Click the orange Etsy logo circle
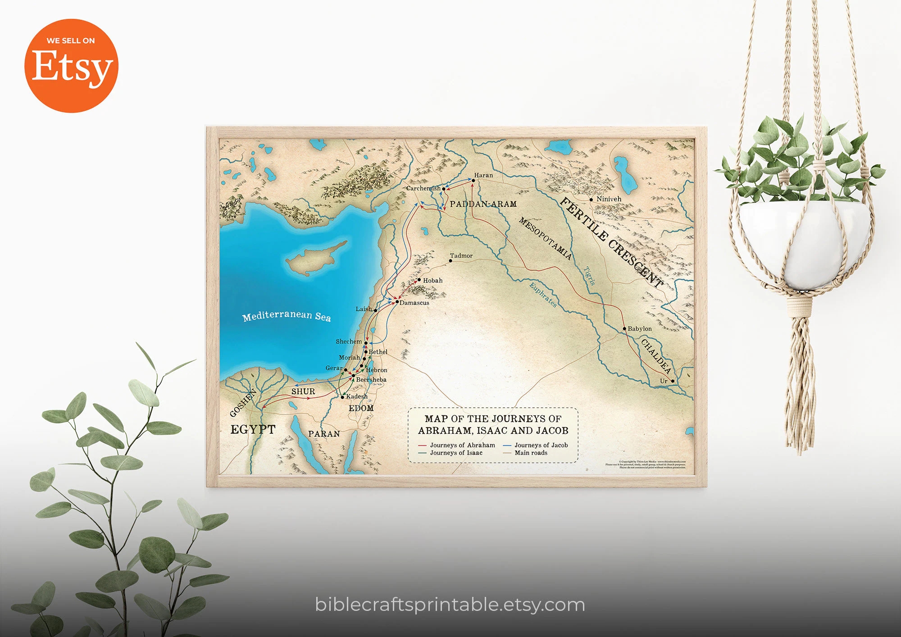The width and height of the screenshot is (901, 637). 71,66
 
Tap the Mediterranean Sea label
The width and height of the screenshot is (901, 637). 287,315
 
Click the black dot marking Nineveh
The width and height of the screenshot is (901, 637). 591,200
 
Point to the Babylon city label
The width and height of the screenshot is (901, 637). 639,329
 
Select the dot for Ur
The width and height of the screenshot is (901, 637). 673,381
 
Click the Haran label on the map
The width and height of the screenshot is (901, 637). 483,175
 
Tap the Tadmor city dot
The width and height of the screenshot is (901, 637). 450,261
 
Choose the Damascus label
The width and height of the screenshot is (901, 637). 414,303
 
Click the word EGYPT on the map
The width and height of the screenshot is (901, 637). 253,429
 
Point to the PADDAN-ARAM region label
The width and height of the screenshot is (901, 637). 483,204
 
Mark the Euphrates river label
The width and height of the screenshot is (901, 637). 543,295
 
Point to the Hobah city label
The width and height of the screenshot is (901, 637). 432,281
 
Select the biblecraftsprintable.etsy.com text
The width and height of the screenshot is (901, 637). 450,605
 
